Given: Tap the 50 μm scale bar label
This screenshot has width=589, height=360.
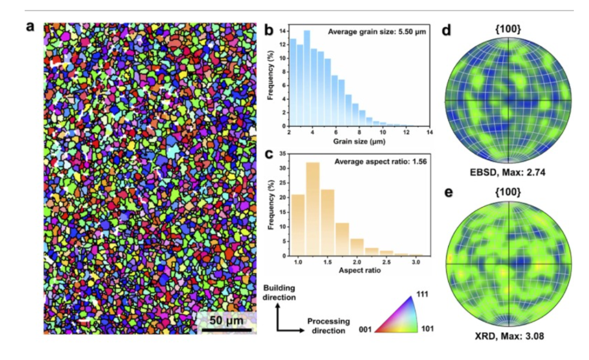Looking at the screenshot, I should point(227,320).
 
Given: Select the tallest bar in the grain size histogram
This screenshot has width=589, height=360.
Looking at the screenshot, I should point(306,78).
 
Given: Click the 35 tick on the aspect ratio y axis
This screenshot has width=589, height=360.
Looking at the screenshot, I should point(281,154).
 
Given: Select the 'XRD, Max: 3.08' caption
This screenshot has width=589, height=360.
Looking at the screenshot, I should point(509,337).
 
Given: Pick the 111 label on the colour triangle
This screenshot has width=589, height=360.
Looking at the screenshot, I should point(423,295).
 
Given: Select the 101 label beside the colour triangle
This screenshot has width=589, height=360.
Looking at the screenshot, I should point(427,329).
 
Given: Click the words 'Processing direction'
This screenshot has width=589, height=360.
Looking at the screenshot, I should point(328,326).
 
